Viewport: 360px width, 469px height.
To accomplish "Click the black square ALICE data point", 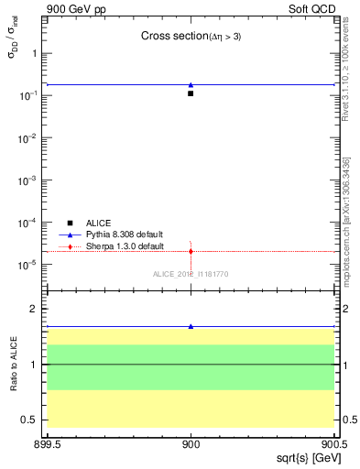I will click(191, 93).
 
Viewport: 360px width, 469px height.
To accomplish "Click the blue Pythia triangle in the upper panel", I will click(191, 85).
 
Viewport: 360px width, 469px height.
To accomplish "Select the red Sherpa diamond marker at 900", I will click(191, 251).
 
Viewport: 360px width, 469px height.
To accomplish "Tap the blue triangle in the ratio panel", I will click(191, 326).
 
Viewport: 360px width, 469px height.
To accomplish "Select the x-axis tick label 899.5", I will click(47, 443).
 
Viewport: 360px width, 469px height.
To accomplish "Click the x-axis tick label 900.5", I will click(333, 443).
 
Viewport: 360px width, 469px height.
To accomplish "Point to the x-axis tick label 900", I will click(191, 443).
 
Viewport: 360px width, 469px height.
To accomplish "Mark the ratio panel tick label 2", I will click(34, 309).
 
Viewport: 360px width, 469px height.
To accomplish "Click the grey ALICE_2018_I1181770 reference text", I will click(191, 274).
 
